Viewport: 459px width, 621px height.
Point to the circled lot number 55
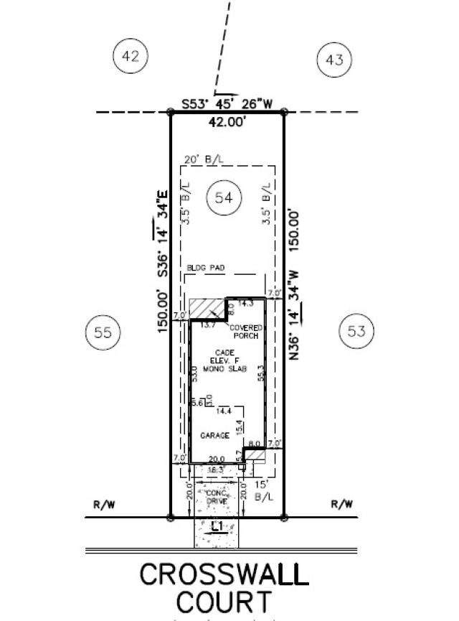[103, 332]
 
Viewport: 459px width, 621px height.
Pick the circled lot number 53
[356, 331]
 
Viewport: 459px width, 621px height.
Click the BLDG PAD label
[206, 268]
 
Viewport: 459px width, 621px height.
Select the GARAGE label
[215, 435]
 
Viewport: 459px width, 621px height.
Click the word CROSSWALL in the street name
[224, 574]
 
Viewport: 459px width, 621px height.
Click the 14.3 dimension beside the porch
[246, 304]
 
